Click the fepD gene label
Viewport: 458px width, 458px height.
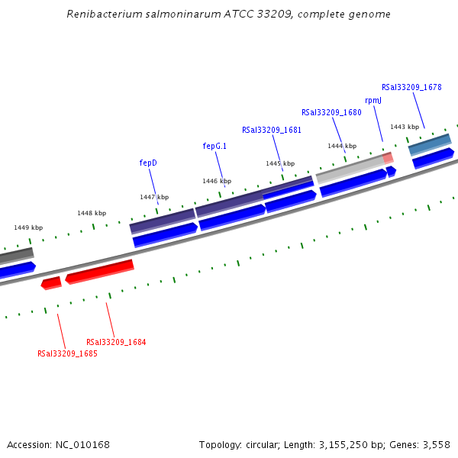(148, 163)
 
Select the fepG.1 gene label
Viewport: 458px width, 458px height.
(214, 145)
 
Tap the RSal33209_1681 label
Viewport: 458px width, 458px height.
(271, 130)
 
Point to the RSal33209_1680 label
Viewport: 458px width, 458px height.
(331, 112)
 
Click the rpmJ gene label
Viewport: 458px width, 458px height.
(373, 100)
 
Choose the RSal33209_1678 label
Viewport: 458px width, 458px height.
(411, 87)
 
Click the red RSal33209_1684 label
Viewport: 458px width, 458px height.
(116, 342)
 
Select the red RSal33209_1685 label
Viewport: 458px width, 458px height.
(67, 353)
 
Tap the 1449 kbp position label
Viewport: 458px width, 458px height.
(28, 227)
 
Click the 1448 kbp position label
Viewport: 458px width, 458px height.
(92, 213)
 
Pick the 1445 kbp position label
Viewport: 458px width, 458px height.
(280, 163)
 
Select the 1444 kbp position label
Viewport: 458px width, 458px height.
(342, 146)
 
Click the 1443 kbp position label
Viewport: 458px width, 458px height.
(405, 127)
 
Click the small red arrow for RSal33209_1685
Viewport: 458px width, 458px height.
(51, 283)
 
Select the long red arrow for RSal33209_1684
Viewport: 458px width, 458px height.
(100, 271)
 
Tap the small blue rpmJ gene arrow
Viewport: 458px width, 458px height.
(391, 171)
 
